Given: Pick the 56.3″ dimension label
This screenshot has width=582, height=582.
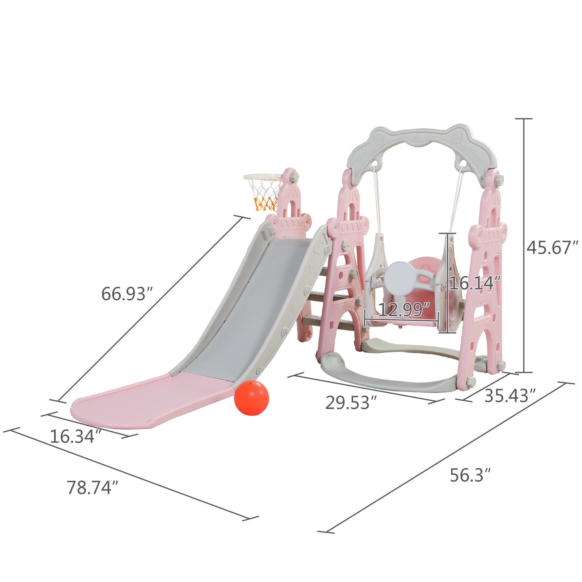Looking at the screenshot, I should [470, 475].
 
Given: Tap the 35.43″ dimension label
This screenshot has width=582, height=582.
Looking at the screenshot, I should [510, 396].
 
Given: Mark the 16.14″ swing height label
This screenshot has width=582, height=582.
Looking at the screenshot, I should [475, 283].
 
